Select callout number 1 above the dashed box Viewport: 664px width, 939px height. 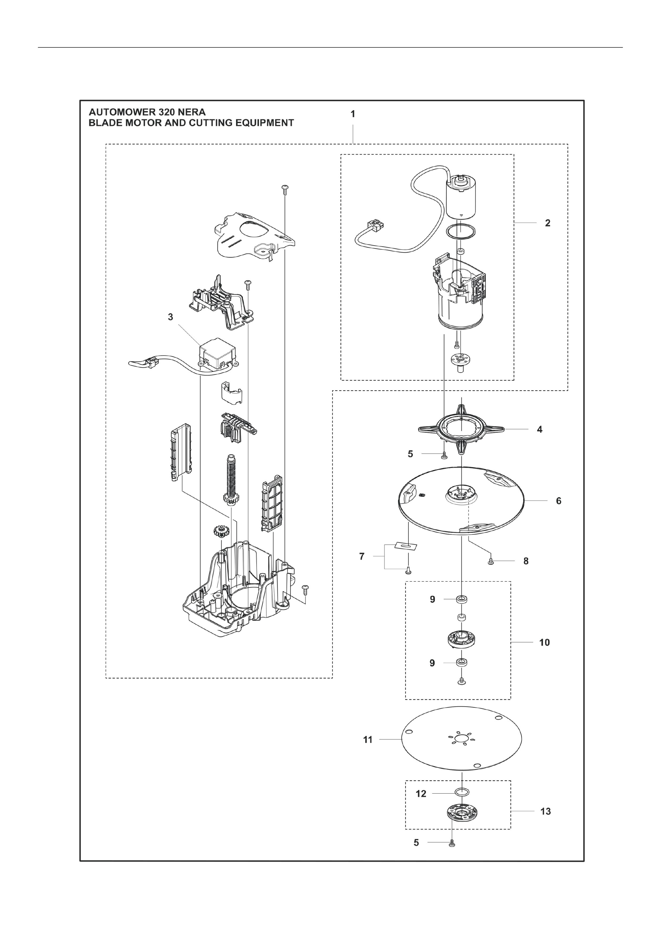coord(353,114)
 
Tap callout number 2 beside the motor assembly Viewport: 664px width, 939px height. coord(548,223)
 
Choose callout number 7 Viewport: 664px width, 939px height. coord(361,556)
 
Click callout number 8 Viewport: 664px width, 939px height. coord(526,561)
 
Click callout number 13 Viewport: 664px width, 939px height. coord(545,811)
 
